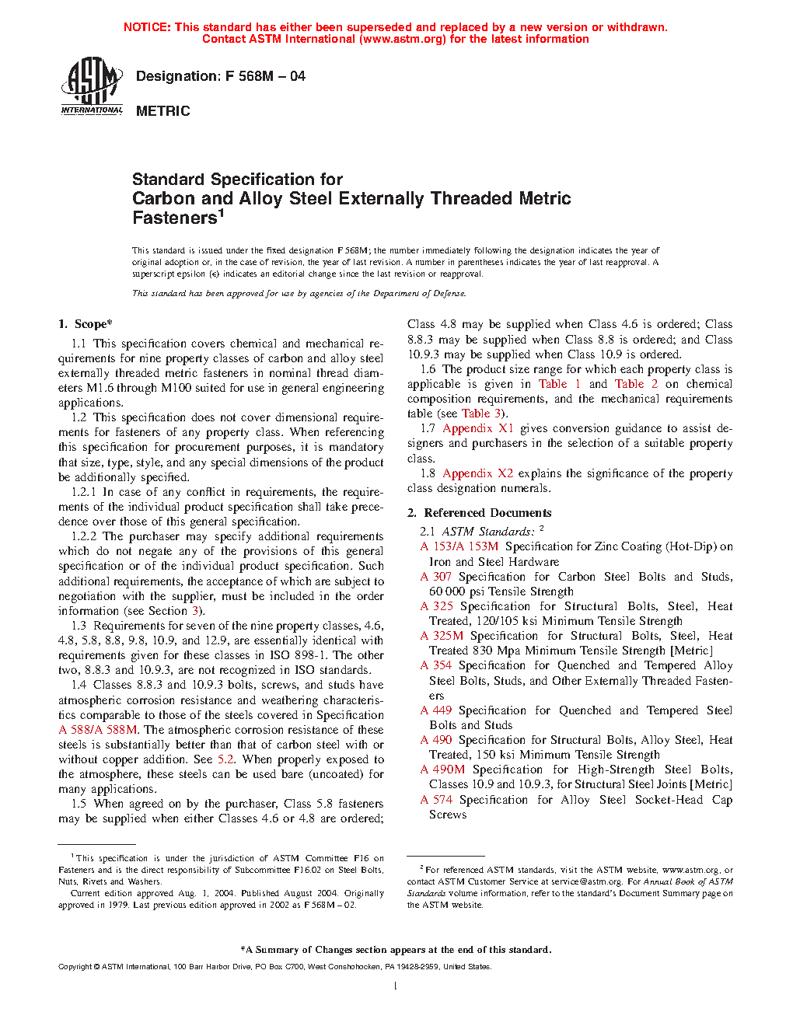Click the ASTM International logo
coord(92,86)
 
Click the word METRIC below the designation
coord(162,111)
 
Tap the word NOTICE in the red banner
coord(147,27)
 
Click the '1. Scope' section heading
coord(86,324)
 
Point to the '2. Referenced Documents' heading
coord(480,513)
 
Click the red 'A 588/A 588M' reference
coord(98,730)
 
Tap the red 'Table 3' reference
coord(481,414)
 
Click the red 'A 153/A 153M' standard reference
coord(459,546)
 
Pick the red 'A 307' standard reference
coord(436,577)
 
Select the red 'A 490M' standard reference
coord(442,769)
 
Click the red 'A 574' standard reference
coord(436,800)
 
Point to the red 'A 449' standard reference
coord(436,710)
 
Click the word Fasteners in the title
coord(174,218)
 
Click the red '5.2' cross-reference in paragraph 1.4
coord(225,759)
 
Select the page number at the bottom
coord(396,986)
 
